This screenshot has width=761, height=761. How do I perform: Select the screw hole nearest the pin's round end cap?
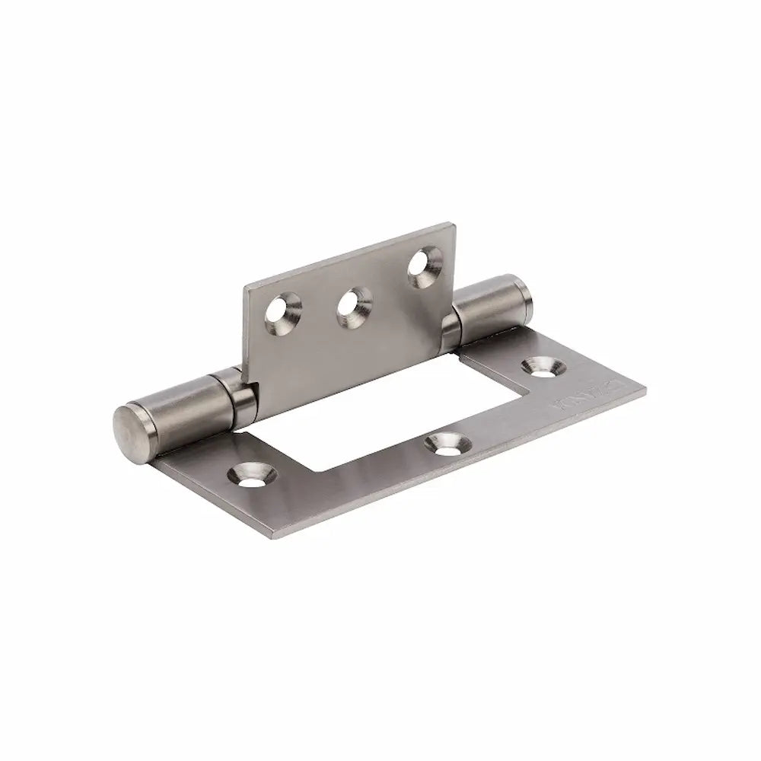pyautogui.click(x=250, y=475)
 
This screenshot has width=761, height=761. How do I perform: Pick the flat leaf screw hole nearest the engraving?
pyautogui.click(x=545, y=365)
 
